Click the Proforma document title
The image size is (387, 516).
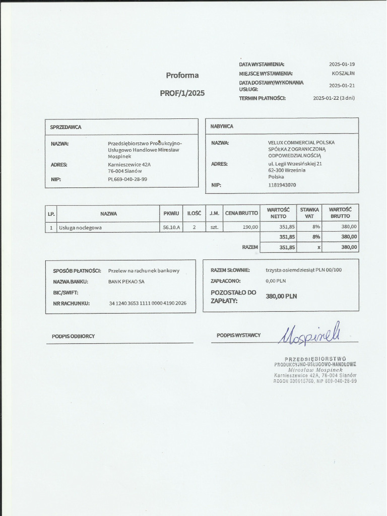[x=182, y=76]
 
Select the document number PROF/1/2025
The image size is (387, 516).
[x=182, y=93]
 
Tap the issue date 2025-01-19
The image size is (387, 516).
[x=342, y=64]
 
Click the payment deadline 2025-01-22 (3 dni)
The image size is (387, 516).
[x=334, y=98]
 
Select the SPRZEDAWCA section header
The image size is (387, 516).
[x=66, y=127]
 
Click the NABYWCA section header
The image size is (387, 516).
[x=222, y=126]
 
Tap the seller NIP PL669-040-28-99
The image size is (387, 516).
[x=127, y=179]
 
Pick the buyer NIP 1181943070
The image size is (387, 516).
[x=282, y=185]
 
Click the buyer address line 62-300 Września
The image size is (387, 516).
[x=287, y=170]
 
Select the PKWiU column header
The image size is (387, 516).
[x=171, y=214]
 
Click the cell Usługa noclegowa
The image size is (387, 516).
[x=81, y=228]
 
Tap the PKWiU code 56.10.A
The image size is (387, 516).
[x=171, y=228]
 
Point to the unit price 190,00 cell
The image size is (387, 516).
[x=250, y=227]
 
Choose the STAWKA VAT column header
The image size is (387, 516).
[x=309, y=213]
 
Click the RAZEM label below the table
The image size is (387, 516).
[x=250, y=247]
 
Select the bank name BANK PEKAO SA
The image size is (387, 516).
[x=126, y=282]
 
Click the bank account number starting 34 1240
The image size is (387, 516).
[x=148, y=303]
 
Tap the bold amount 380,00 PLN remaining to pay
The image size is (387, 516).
[x=281, y=296]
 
